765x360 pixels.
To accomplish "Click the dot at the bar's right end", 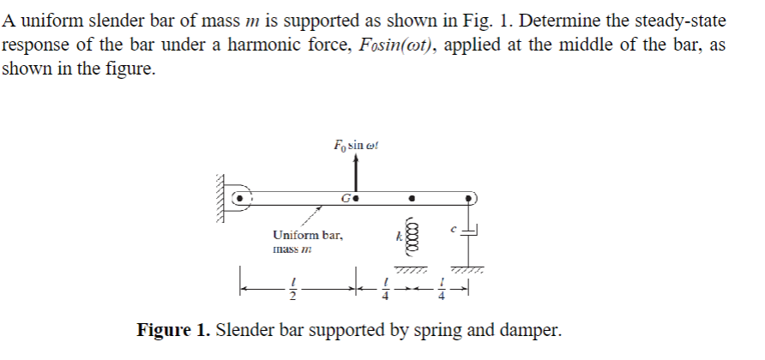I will click(x=468, y=199).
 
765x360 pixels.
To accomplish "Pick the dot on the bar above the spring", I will click(x=412, y=199).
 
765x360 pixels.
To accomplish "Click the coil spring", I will click(x=412, y=234).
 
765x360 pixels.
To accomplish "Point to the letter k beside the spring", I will click(x=398, y=234).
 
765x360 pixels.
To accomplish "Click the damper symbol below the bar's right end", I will click(x=469, y=231).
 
